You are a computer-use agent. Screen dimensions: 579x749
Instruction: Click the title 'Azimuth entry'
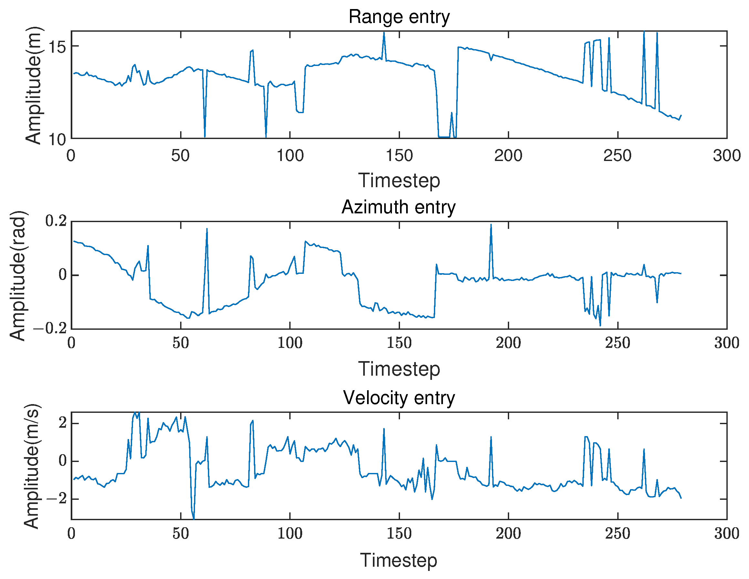[x=398, y=207]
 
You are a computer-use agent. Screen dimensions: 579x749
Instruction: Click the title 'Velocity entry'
[x=399, y=398]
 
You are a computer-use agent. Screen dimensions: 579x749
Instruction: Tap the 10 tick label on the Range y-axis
[x=57, y=140]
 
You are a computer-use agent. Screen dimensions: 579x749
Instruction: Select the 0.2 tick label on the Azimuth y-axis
[x=56, y=221]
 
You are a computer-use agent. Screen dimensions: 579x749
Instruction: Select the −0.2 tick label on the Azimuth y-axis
[x=50, y=329]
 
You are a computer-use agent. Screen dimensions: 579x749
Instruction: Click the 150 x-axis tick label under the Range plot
[x=399, y=156]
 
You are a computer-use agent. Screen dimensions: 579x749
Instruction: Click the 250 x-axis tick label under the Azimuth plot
[x=618, y=343]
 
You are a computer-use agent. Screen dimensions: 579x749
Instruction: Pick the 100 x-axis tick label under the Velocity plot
[x=290, y=534]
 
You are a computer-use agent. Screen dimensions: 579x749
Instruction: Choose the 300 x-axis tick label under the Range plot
[x=727, y=156]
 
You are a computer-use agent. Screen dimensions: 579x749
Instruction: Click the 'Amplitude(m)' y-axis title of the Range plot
[x=33, y=85]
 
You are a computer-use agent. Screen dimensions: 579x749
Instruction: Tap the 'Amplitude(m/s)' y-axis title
[x=32, y=466]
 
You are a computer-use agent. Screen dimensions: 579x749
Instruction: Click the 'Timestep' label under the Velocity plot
[x=398, y=561]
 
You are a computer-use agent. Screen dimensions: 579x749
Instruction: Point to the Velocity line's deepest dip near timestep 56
[x=194, y=518]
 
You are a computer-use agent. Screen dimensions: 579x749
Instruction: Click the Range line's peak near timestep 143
[x=384, y=33]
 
